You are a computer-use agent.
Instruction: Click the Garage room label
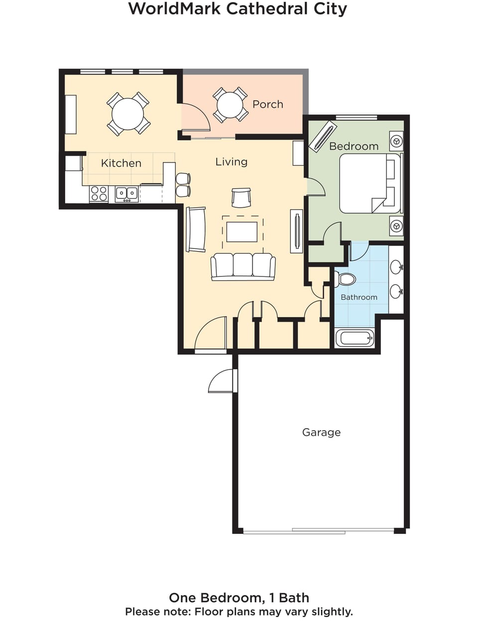tap(321, 432)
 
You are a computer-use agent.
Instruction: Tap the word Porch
tap(267, 104)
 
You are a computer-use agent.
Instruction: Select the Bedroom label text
tap(354, 146)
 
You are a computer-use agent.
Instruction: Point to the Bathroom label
tap(358, 297)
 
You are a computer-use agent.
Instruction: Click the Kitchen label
tap(121, 163)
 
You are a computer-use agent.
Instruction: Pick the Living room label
tap(231, 162)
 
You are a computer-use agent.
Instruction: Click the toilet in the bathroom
tap(346, 279)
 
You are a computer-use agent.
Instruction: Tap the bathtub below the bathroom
tap(355, 338)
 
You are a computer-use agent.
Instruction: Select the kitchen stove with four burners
tap(99, 193)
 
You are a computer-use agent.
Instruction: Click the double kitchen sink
tap(126, 193)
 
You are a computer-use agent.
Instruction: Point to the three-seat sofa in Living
tap(243, 266)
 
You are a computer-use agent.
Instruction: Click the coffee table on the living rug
tap(242, 232)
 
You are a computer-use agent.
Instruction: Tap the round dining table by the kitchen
tap(128, 114)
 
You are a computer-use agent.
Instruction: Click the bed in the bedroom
tap(368, 183)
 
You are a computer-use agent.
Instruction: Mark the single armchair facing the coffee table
tap(241, 197)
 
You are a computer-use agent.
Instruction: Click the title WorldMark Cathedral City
tap(238, 8)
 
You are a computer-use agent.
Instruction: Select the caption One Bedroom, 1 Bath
tap(239, 598)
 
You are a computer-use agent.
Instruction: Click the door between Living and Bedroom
tap(316, 187)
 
